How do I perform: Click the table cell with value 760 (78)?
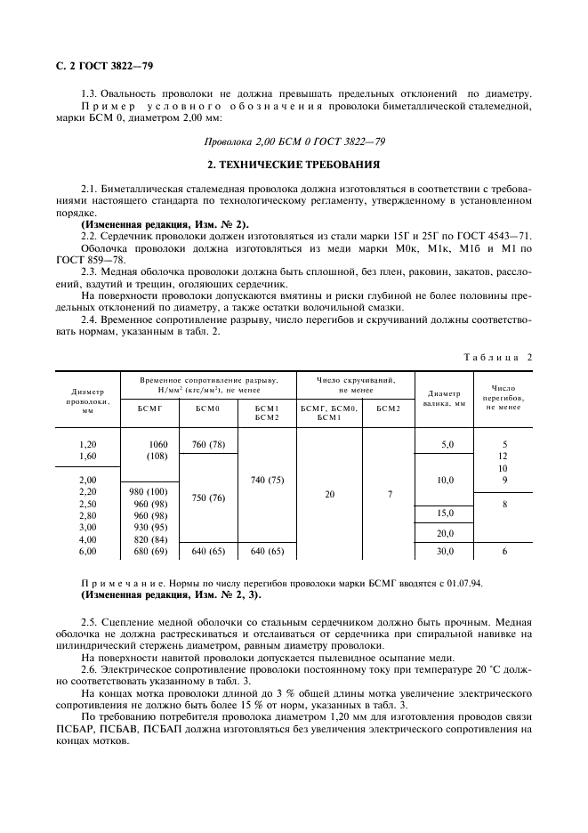click(208, 444)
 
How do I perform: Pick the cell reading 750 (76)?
click(208, 498)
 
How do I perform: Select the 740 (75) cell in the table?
click(267, 480)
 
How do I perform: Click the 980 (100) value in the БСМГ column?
click(148, 491)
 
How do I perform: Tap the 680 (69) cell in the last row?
click(148, 551)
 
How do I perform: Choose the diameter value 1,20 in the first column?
click(87, 444)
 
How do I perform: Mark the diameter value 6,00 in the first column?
click(87, 551)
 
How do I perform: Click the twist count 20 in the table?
click(329, 492)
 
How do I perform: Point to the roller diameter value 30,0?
click(445, 551)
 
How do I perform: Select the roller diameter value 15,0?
click(445, 514)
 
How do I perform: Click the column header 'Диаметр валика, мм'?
click(445, 397)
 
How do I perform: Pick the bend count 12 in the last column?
click(503, 456)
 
